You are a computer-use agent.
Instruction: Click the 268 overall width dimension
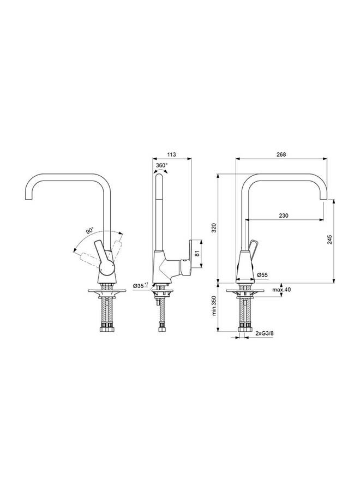281,154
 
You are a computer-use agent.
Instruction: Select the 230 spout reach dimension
283,216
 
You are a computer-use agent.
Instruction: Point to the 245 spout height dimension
331,240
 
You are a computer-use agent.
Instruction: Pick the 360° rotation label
162,164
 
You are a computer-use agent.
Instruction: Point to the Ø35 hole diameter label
140,285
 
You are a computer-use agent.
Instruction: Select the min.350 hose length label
215,307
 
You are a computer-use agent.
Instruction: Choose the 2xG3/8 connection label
265,331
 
